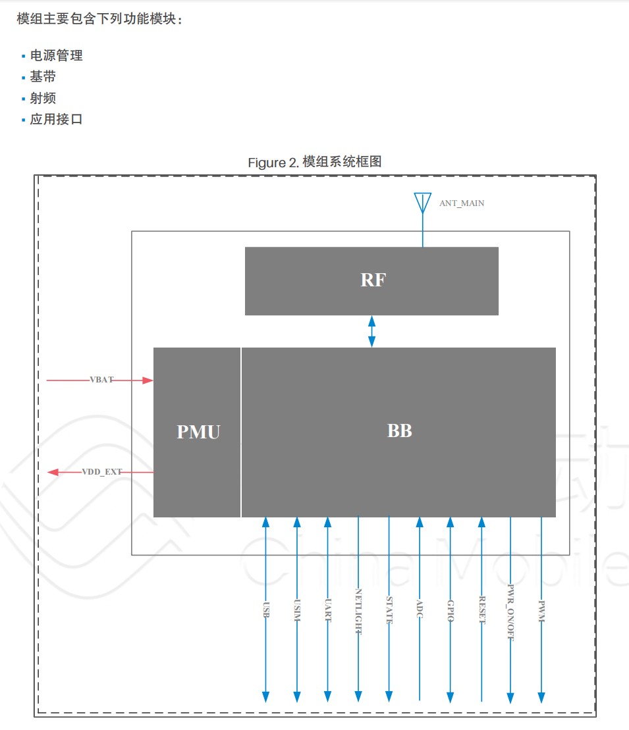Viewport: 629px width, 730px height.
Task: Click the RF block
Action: pyautogui.click(x=371, y=280)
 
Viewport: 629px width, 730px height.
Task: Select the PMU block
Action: pyautogui.click(x=198, y=432)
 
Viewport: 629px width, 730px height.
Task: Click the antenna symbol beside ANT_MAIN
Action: pyautogui.click(x=422, y=203)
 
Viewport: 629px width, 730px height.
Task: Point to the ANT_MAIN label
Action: pyautogui.click(x=462, y=203)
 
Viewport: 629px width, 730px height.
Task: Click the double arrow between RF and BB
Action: pyautogui.click(x=372, y=331)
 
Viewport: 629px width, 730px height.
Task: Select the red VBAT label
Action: pyautogui.click(x=101, y=380)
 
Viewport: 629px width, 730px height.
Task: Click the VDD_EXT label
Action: pyautogui.click(x=102, y=472)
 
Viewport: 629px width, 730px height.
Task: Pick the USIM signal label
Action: pyautogui.click(x=297, y=612)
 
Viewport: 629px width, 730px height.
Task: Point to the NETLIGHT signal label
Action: pyautogui.click(x=359, y=612)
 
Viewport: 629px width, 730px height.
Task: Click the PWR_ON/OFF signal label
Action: pyautogui.click(x=511, y=613)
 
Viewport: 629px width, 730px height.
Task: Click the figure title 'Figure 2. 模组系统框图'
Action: pyautogui.click(x=314, y=162)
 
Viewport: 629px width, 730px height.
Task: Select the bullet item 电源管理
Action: pyautogui.click(x=56, y=56)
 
